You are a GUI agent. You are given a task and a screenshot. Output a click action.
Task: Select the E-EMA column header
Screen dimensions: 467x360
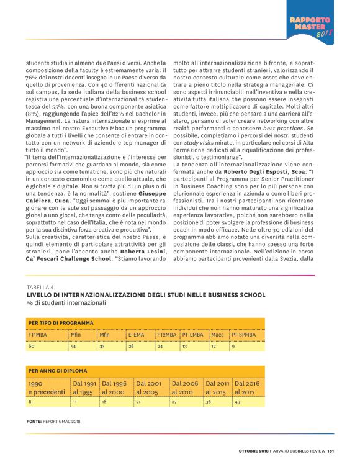(136, 335)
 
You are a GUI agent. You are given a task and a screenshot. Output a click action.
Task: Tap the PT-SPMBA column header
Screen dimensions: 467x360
(244, 335)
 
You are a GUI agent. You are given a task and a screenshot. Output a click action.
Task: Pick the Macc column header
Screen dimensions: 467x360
(217, 335)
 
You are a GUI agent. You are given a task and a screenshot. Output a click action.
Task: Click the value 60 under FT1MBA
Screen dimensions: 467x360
(31, 346)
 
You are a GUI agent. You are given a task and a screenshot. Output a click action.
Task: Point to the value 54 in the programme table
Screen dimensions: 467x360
(73, 346)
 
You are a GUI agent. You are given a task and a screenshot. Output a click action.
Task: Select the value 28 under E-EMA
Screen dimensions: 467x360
(131, 346)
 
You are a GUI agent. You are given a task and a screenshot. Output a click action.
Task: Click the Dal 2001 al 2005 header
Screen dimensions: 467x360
(149, 388)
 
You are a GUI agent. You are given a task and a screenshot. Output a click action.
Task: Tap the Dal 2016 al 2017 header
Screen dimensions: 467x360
(247, 388)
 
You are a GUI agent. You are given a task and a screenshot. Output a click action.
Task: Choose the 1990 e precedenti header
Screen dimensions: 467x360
(45, 388)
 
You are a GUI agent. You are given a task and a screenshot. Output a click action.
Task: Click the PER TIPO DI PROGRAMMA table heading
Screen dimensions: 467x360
(61, 323)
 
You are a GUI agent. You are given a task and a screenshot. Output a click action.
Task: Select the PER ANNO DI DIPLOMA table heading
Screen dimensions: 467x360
(57, 371)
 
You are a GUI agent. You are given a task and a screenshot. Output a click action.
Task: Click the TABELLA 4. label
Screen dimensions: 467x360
(40, 288)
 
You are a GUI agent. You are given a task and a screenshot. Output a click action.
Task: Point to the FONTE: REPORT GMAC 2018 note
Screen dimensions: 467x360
(53, 421)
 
